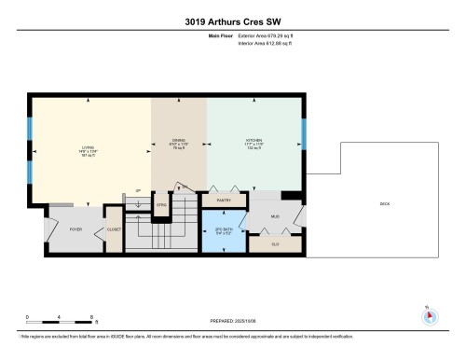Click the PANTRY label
(225, 200)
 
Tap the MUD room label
(276, 215)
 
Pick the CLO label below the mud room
(275, 243)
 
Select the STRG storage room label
(161, 204)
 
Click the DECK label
(385, 204)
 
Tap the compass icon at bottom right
(429, 314)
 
